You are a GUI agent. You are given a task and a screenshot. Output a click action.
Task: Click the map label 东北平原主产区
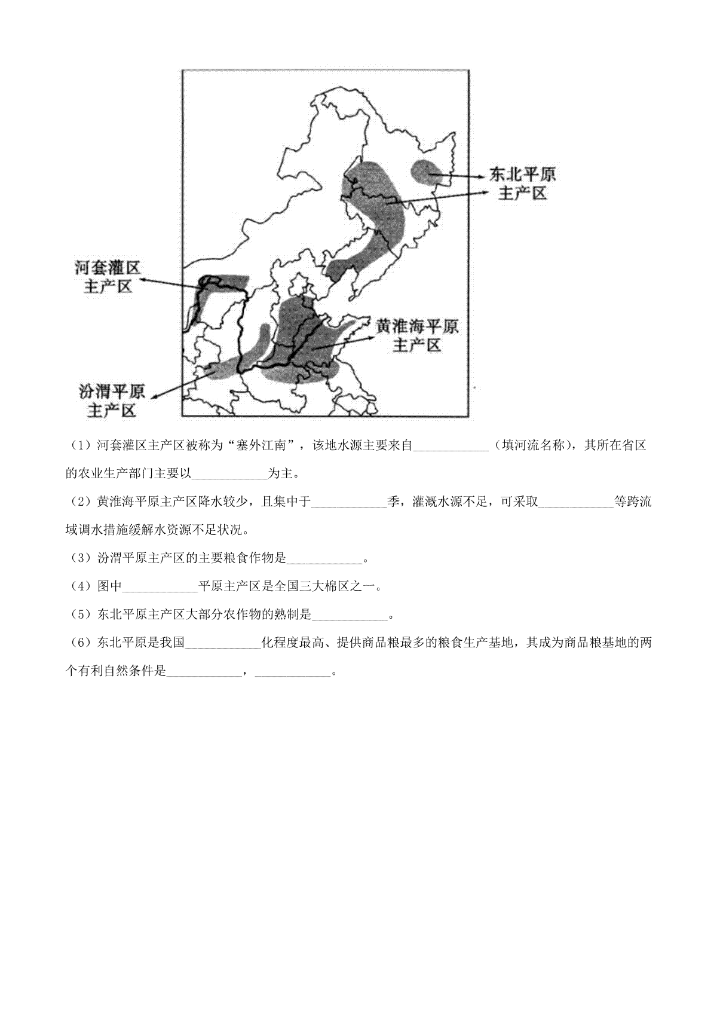[x=522, y=184]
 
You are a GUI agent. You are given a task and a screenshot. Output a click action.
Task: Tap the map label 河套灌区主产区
[x=108, y=277]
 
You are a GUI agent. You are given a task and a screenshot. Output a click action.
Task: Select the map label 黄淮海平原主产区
[x=417, y=336]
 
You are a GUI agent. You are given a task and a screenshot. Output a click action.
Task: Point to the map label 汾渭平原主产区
[x=112, y=401]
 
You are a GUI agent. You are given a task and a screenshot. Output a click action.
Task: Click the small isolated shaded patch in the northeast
[x=427, y=173]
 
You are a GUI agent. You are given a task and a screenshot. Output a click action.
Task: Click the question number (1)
[x=78, y=445]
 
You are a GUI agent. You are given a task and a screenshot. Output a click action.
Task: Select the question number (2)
[x=78, y=502]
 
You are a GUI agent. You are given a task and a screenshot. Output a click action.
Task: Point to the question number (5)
[x=78, y=614]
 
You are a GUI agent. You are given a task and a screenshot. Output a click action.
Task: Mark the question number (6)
[x=78, y=643]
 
